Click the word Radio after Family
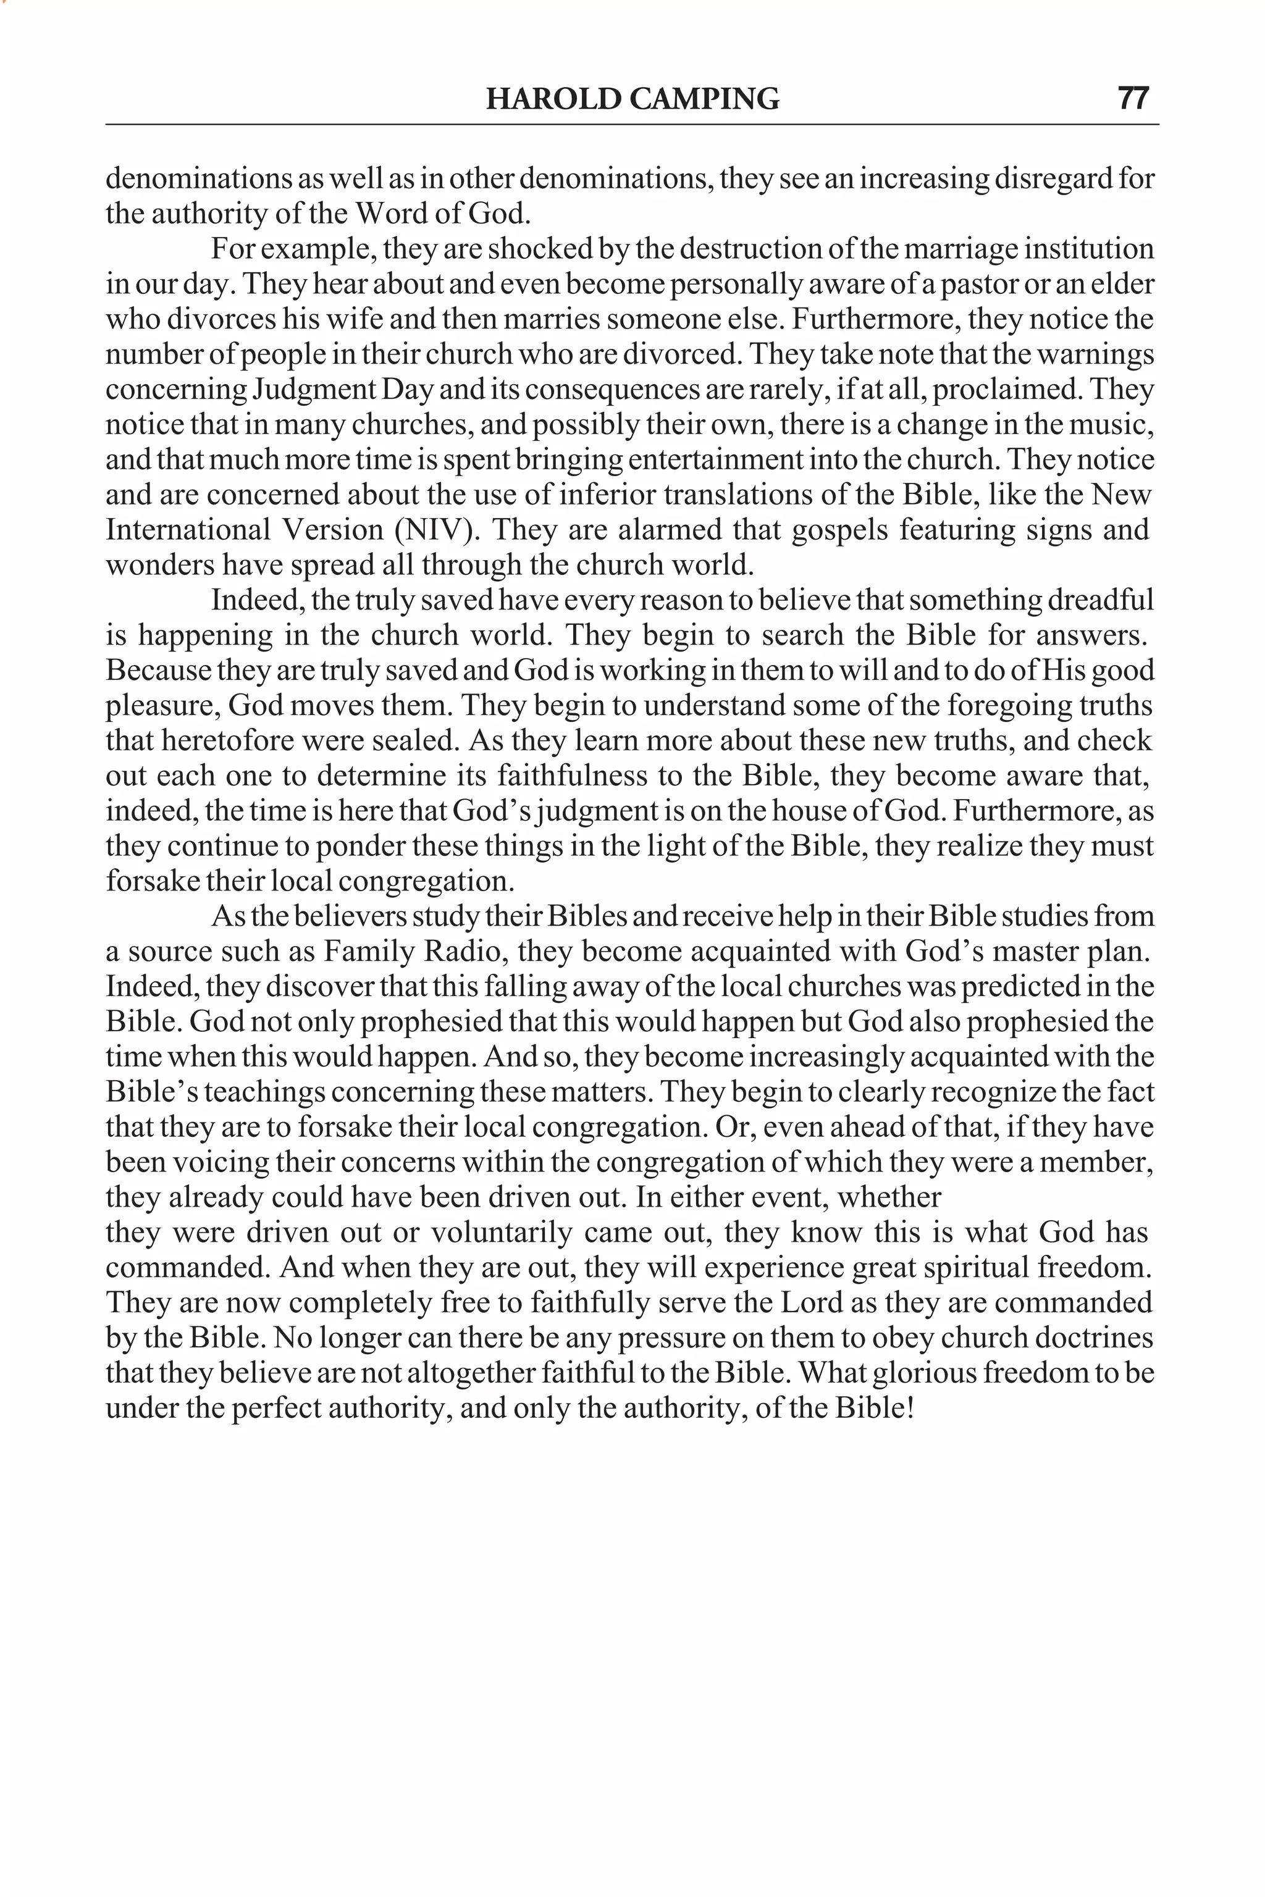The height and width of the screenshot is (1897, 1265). pos(472,952)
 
